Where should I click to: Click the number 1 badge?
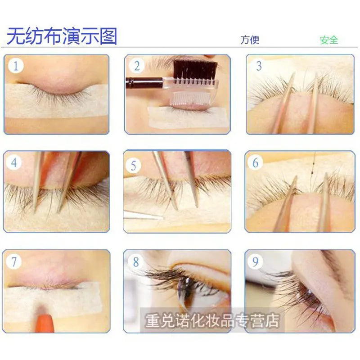click(15, 67)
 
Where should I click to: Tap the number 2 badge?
click(136, 66)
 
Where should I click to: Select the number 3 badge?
click(259, 66)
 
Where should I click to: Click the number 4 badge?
click(14, 162)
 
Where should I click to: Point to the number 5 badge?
click(133, 166)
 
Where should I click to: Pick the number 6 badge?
click(256, 162)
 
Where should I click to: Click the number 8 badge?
click(135, 261)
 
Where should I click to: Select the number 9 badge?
click(256, 261)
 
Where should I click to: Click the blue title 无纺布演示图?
click(62, 36)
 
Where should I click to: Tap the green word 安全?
click(328, 40)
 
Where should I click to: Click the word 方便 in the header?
click(250, 40)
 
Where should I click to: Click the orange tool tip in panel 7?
click(43, 323)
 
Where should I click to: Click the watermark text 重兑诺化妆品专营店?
click(211, 320)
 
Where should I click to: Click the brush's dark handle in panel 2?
click(144, 83)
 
